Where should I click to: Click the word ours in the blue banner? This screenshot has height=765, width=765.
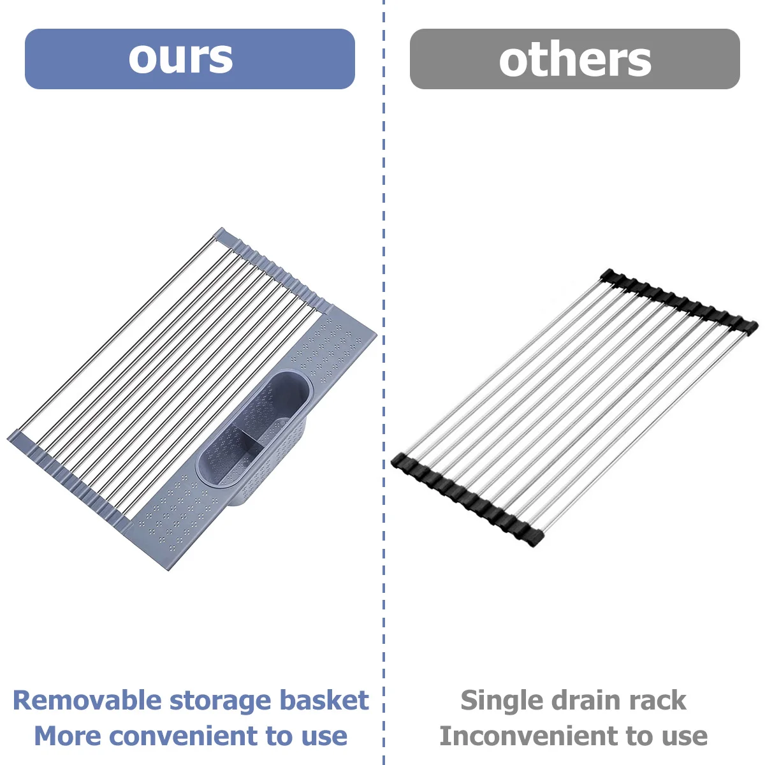tap(180, 59)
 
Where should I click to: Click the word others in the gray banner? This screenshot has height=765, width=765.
tap(575, 59)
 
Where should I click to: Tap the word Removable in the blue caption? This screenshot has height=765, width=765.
tap(87, 700)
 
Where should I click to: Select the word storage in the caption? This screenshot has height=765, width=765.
tap(221, 702)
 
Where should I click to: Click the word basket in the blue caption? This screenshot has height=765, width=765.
tap(324, 700)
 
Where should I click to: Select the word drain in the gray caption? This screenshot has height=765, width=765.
tap(588, 700)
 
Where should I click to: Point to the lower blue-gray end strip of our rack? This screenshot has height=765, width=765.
tap(69, 481)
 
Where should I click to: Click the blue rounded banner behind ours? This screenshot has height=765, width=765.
tap(190, 59)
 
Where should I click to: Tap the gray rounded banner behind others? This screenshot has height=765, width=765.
tap(575, 59)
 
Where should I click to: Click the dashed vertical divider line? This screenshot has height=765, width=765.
tap(384, 382)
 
